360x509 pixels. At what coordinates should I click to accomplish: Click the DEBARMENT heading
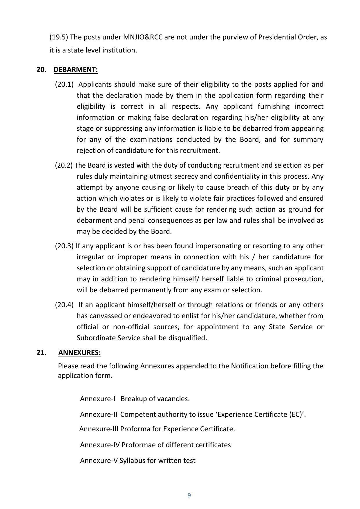coord(76,70)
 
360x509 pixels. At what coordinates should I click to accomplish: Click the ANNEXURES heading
coord(79,352)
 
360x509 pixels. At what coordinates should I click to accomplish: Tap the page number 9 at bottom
coord(189,495)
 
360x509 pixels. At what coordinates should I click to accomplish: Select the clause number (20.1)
coord(64,84)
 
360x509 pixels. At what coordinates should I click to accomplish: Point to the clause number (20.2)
coord(64,165)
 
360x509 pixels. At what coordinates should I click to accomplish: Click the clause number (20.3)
coord(64,246)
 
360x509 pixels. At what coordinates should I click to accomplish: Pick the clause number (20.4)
coord(64,305)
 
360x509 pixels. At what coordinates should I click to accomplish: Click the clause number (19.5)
coord(59,37)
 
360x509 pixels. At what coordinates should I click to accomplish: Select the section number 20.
coord(41,70)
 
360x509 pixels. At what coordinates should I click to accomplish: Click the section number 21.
coord(41,352)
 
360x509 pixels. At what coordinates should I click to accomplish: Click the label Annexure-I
coord(97,398)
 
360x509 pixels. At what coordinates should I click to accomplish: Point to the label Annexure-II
coord(98,414)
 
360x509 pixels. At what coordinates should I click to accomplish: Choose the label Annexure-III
coord(99,429)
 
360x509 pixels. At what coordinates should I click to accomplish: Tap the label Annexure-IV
coord(100,445)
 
